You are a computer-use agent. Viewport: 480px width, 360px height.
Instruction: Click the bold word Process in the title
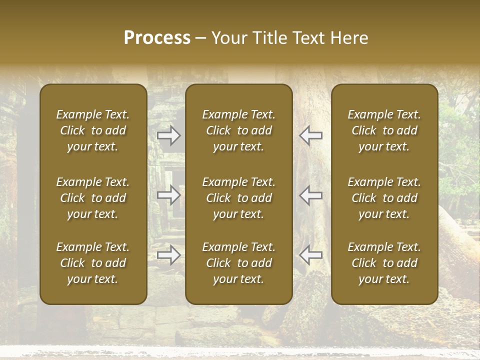click(157, 38)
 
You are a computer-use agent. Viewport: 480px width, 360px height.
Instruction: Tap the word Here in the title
click(348, 38)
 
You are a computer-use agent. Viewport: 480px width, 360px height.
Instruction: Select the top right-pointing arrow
click(169, 135)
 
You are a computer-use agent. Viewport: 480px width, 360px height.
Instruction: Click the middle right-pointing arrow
click(169, 195)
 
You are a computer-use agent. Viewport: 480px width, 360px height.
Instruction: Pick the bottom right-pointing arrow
click(169, 255)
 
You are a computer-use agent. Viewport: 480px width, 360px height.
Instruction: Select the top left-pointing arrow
click(311, 135)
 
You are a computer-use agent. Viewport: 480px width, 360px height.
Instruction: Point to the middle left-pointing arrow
click(311, 195)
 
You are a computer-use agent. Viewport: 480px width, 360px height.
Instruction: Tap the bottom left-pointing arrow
click(311, 255)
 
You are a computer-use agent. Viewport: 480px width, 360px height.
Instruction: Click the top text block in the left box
click(93, 130)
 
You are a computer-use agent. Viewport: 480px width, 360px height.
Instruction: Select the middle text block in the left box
click(93, 198)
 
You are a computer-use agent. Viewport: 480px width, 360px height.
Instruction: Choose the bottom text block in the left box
click(93, 263)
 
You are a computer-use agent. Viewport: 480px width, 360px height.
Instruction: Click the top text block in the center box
click(238, 130)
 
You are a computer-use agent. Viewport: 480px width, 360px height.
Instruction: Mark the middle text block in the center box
click(238, 198)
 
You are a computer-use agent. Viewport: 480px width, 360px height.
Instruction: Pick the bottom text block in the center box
click(238, 263)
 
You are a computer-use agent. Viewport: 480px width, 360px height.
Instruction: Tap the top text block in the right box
click(384, 130)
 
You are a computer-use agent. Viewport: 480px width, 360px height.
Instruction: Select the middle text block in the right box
click(384, 198)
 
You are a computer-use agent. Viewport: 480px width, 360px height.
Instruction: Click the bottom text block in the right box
click(384, 263)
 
